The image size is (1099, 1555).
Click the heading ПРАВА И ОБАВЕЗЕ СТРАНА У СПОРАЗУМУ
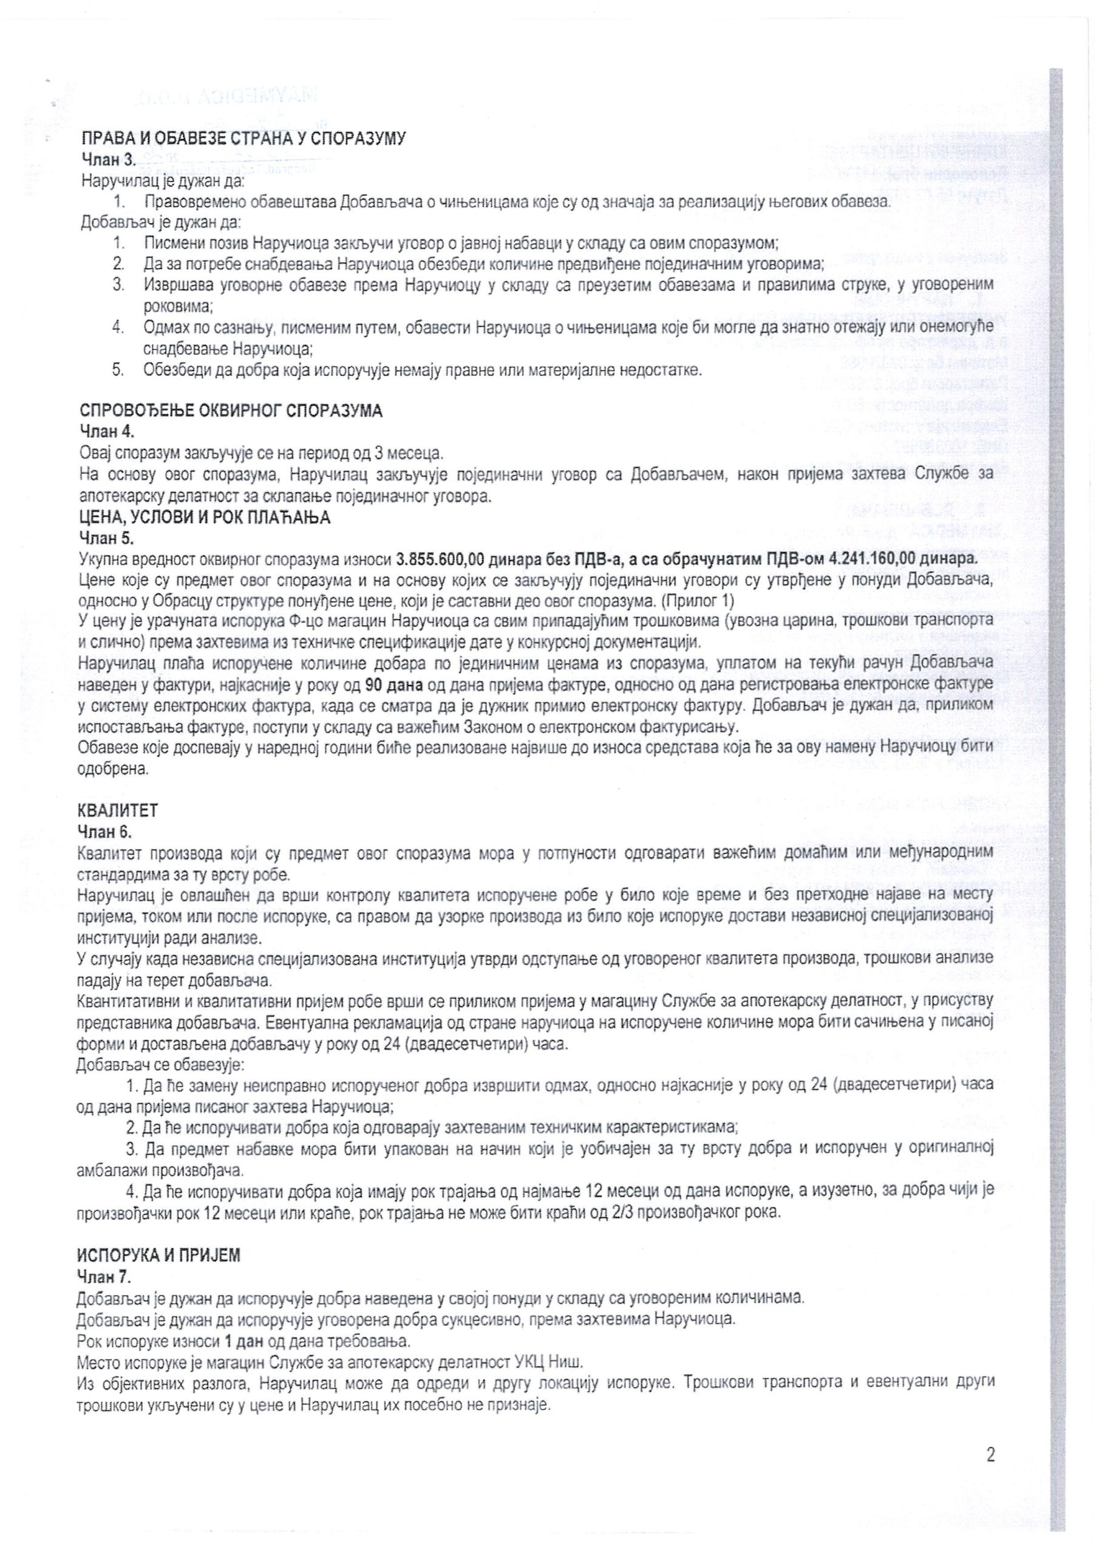point(243,140)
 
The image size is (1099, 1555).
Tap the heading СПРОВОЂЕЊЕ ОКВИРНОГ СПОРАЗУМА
point(231,411)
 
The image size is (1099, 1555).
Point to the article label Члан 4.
point(106,432)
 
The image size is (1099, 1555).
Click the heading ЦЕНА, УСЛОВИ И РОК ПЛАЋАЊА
point(205,519)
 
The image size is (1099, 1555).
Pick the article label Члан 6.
point(106,830)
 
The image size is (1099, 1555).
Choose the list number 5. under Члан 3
point(118,370)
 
